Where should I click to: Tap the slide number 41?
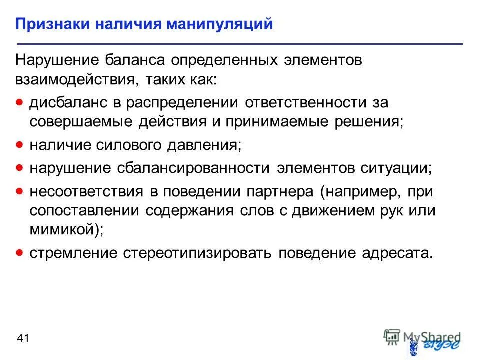point(23,339)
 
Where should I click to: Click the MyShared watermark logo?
point(422,338)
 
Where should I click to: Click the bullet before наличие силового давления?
point(19,145)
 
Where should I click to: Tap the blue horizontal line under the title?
point(240,44)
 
